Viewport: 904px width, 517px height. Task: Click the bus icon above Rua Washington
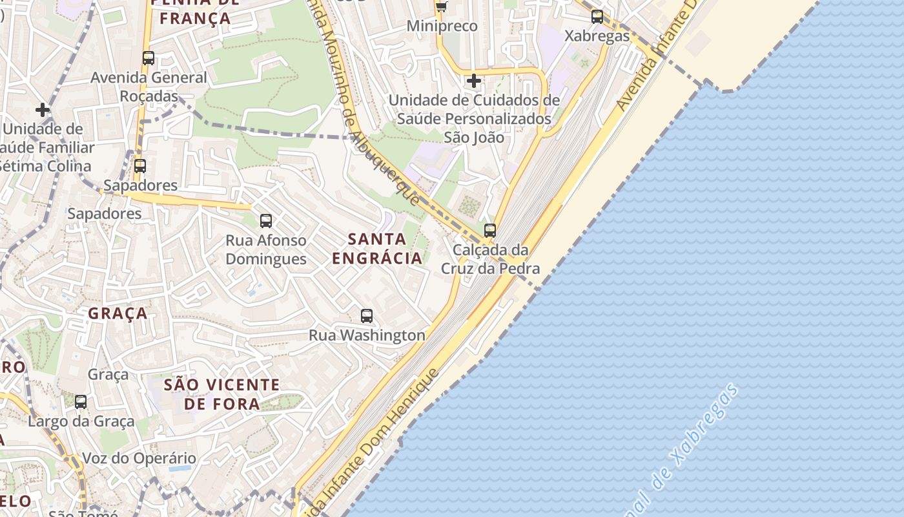click(367, 316)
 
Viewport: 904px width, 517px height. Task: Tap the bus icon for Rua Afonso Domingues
click(266, 221)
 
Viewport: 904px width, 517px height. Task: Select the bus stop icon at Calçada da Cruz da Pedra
click(490, 231)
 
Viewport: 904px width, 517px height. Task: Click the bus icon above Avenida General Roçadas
click(149, 58)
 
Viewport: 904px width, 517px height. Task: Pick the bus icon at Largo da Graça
click(81, 402)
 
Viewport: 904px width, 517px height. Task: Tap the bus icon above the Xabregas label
click(597, 17)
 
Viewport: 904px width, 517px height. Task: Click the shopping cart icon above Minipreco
click(442, 6)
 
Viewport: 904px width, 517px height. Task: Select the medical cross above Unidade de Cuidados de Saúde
click(474, 81)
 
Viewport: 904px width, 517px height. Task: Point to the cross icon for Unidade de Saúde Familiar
click(43, 110)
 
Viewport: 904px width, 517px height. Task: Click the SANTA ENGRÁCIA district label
click(377, 249)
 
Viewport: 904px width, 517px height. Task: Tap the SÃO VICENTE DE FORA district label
click(222, 394)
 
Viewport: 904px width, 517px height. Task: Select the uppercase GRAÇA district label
click(118, 314)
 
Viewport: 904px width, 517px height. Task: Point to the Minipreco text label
click(442, 26)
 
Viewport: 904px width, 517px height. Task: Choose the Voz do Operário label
click(139, 459)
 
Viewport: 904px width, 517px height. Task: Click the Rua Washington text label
click(367, 335)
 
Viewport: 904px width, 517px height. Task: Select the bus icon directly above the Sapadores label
click(140, 166)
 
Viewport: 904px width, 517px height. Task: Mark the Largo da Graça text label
click(81, 421)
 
